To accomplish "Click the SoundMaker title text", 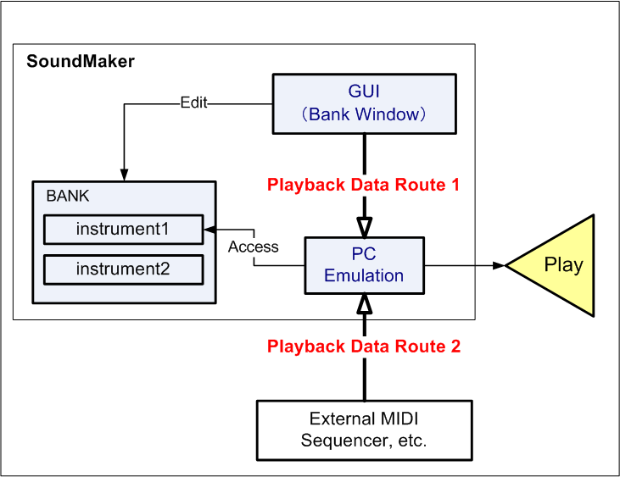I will click(81, 61).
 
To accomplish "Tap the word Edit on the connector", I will click(193, 103).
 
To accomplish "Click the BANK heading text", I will click(68, 196).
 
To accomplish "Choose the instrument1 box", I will click(123, 229).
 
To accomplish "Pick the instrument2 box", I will click(123, 269).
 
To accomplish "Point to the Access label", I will click(254, 247).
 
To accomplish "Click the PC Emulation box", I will click(364, 265).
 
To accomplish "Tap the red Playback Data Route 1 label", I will click(364, 185).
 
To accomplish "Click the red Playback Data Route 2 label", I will click(364, 346).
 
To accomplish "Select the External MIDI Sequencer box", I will click(364, 430).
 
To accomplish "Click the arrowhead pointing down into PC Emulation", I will click(364, 228).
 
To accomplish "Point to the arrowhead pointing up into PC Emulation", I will click(364, 302).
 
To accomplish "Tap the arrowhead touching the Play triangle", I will click(499, 265).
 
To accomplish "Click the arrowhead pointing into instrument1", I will click(209, 229).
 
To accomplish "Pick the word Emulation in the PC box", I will click(364, 275).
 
